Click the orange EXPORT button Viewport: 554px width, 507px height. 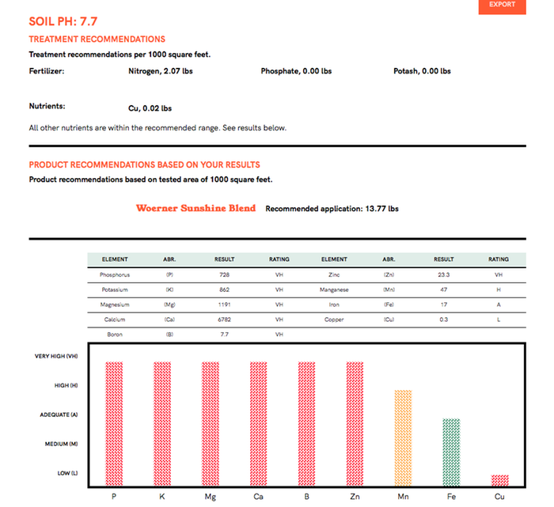point(503,6)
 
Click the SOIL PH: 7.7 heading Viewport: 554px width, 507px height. point(63,21)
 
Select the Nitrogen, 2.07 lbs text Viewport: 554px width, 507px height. point(161,71)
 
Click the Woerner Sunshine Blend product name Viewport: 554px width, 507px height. point(195,208)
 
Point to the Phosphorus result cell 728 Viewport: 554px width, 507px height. point(224,274)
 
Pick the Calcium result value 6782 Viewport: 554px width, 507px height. point(224,320)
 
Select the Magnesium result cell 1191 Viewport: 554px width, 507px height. point(224,305)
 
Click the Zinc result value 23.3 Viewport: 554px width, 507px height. point(443,274)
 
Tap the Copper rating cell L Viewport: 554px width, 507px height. point(499,320)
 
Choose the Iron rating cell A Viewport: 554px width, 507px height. point(499,305)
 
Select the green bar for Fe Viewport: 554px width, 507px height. point(451,452)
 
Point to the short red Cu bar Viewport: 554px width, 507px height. point(499,480)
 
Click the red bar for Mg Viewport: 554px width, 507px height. point(211,423)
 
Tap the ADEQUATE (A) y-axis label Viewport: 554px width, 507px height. point(58,414)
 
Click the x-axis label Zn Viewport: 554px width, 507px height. point(355,497)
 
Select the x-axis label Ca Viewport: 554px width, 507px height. point(259,497)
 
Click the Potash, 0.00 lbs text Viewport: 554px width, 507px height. point(422,71)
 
